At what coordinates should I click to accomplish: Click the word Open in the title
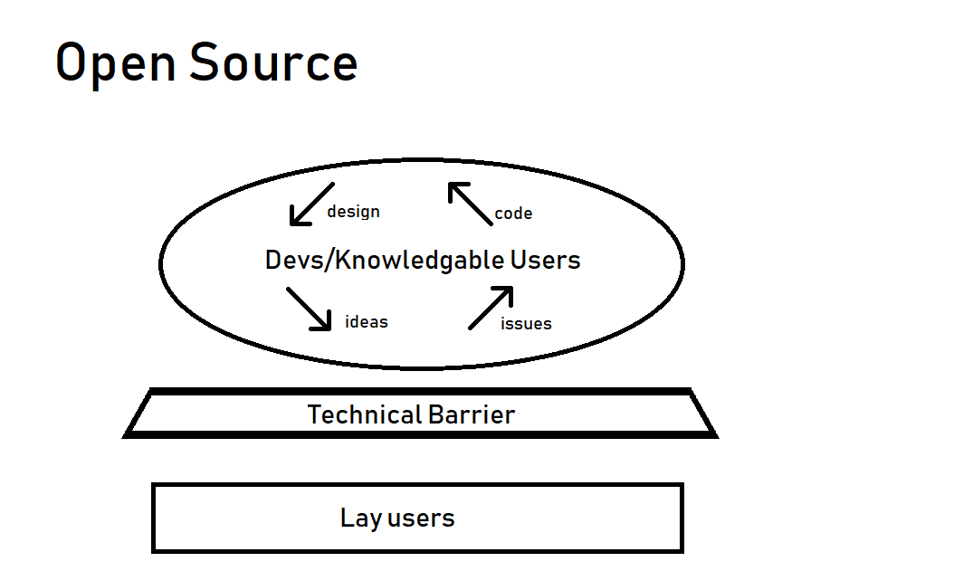coord(116,64)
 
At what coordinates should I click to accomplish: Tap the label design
coord(353,212)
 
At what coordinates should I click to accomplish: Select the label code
coord(513,213)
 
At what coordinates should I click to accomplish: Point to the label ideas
coord(366,321)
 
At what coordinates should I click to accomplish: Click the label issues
coord(526,323)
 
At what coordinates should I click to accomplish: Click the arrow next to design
coord(312,205)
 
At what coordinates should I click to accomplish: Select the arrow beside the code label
coord(471,204)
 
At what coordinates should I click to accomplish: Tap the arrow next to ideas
coord(309,309)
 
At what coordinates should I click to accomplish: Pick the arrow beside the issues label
coord(491,308)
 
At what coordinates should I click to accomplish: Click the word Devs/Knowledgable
coord(385,260)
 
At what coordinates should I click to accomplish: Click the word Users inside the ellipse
coord(546,260)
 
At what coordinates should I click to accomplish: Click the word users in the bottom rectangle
coord(422,519)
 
